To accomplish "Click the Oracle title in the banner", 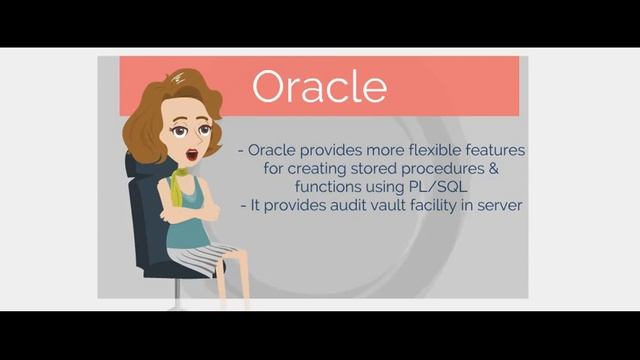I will click(x=319, y=86).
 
